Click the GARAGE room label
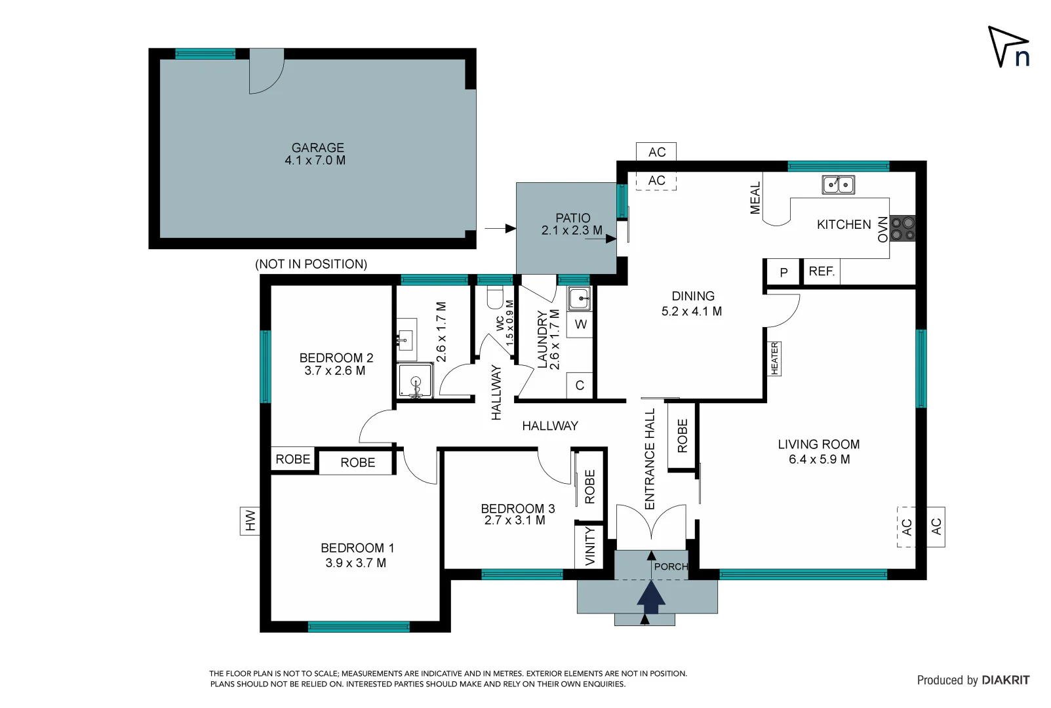[318, 148]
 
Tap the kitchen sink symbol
[838, 185]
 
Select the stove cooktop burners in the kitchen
[903, 228]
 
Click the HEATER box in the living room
[774, 359]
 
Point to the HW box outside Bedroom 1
[250, 521]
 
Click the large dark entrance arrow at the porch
[651, 597]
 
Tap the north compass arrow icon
[1008, 47]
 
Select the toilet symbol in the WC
[496, 297]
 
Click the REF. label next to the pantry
[822, 271]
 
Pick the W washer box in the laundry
[580, 324]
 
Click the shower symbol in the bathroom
[415, 382]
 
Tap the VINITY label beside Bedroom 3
[590, 545]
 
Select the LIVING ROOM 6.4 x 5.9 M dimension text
[819, 460]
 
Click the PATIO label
[572, 218]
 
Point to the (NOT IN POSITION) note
[311, 264]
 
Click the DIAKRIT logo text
[1005, 680]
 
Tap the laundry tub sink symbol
[579, 299]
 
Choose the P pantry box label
[783, 273]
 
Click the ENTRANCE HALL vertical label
[650, 459]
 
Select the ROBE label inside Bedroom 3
[589, 486]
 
